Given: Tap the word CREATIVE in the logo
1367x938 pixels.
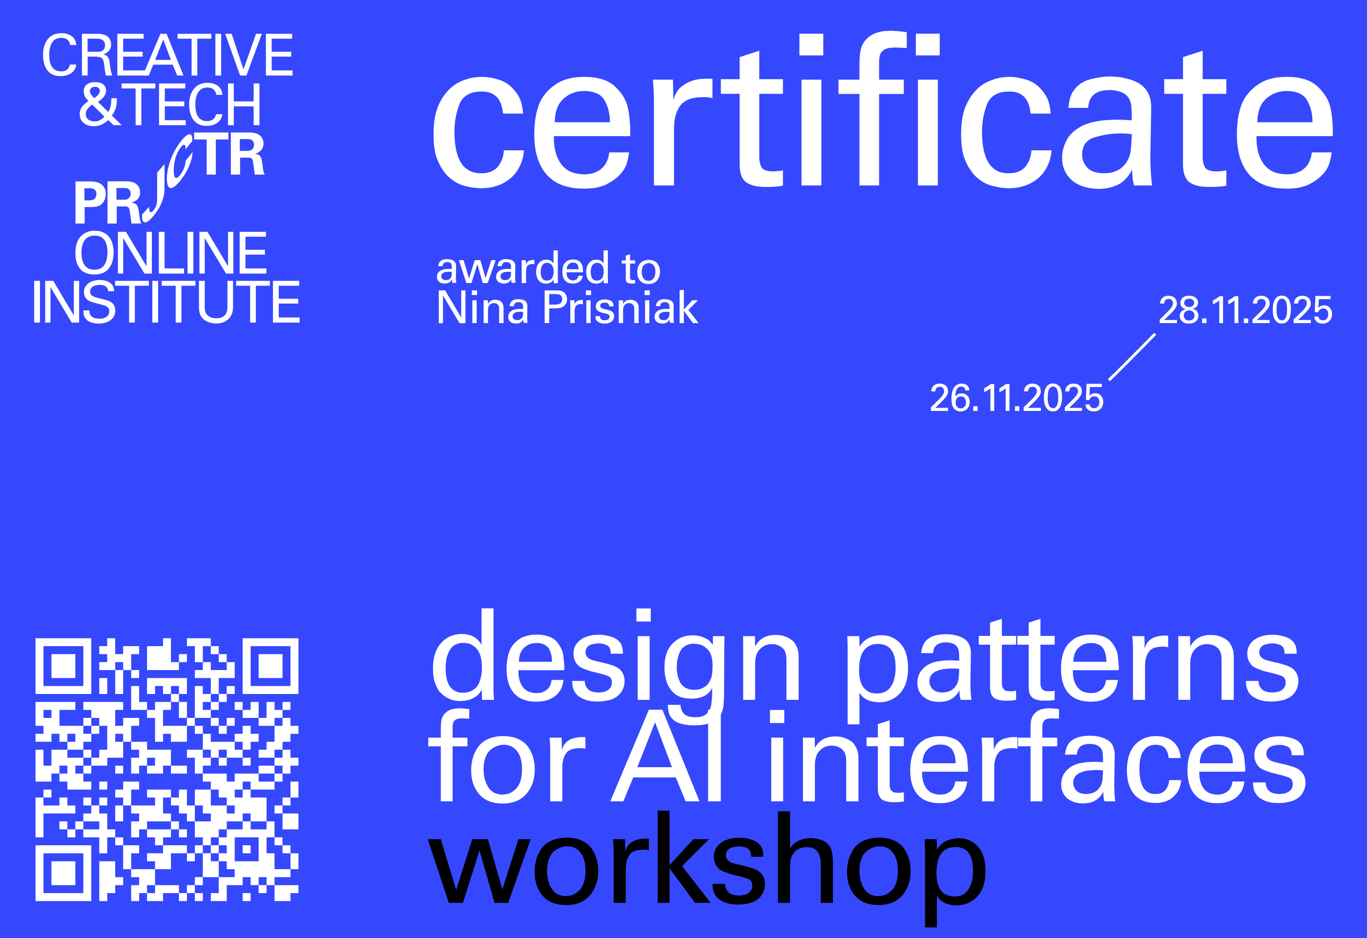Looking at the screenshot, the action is click(167, 55).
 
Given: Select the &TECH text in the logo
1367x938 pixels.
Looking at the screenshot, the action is click(170, 104).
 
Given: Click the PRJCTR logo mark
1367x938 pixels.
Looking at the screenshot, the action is click(169, 178).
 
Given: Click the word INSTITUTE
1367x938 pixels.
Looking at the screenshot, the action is click(166, 301).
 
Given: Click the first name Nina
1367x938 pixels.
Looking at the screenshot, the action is click(482, 307).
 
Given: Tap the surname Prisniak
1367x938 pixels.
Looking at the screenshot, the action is click(620, 307).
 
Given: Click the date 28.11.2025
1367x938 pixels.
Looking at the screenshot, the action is click(1245, 310).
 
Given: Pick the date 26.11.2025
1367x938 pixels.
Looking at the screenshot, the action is click(1016, 398).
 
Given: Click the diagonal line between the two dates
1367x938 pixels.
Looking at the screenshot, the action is click(1132, 357).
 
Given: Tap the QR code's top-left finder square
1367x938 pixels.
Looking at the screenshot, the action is click(63, 666).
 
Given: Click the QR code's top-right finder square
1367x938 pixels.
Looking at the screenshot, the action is click(270, 666).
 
